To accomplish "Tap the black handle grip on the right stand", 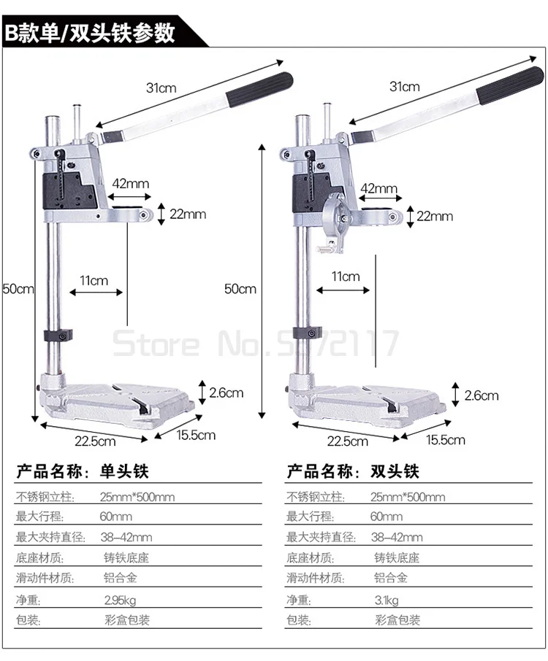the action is click(509, 86).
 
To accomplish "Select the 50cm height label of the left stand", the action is click(18, 289).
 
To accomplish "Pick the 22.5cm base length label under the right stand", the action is click(346, 441).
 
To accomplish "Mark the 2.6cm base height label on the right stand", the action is click(481, 395).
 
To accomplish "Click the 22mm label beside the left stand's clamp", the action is click(188, 214).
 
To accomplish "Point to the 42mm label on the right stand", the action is click(378, 189).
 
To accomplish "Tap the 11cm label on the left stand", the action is click(94, 280).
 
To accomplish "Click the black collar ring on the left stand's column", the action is click(58, 336).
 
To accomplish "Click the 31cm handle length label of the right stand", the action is click(404, 87).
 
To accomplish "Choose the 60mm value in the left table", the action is click(116, 517).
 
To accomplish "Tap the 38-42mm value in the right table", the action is click(397, 538).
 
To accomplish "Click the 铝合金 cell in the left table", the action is click(121, 579).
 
